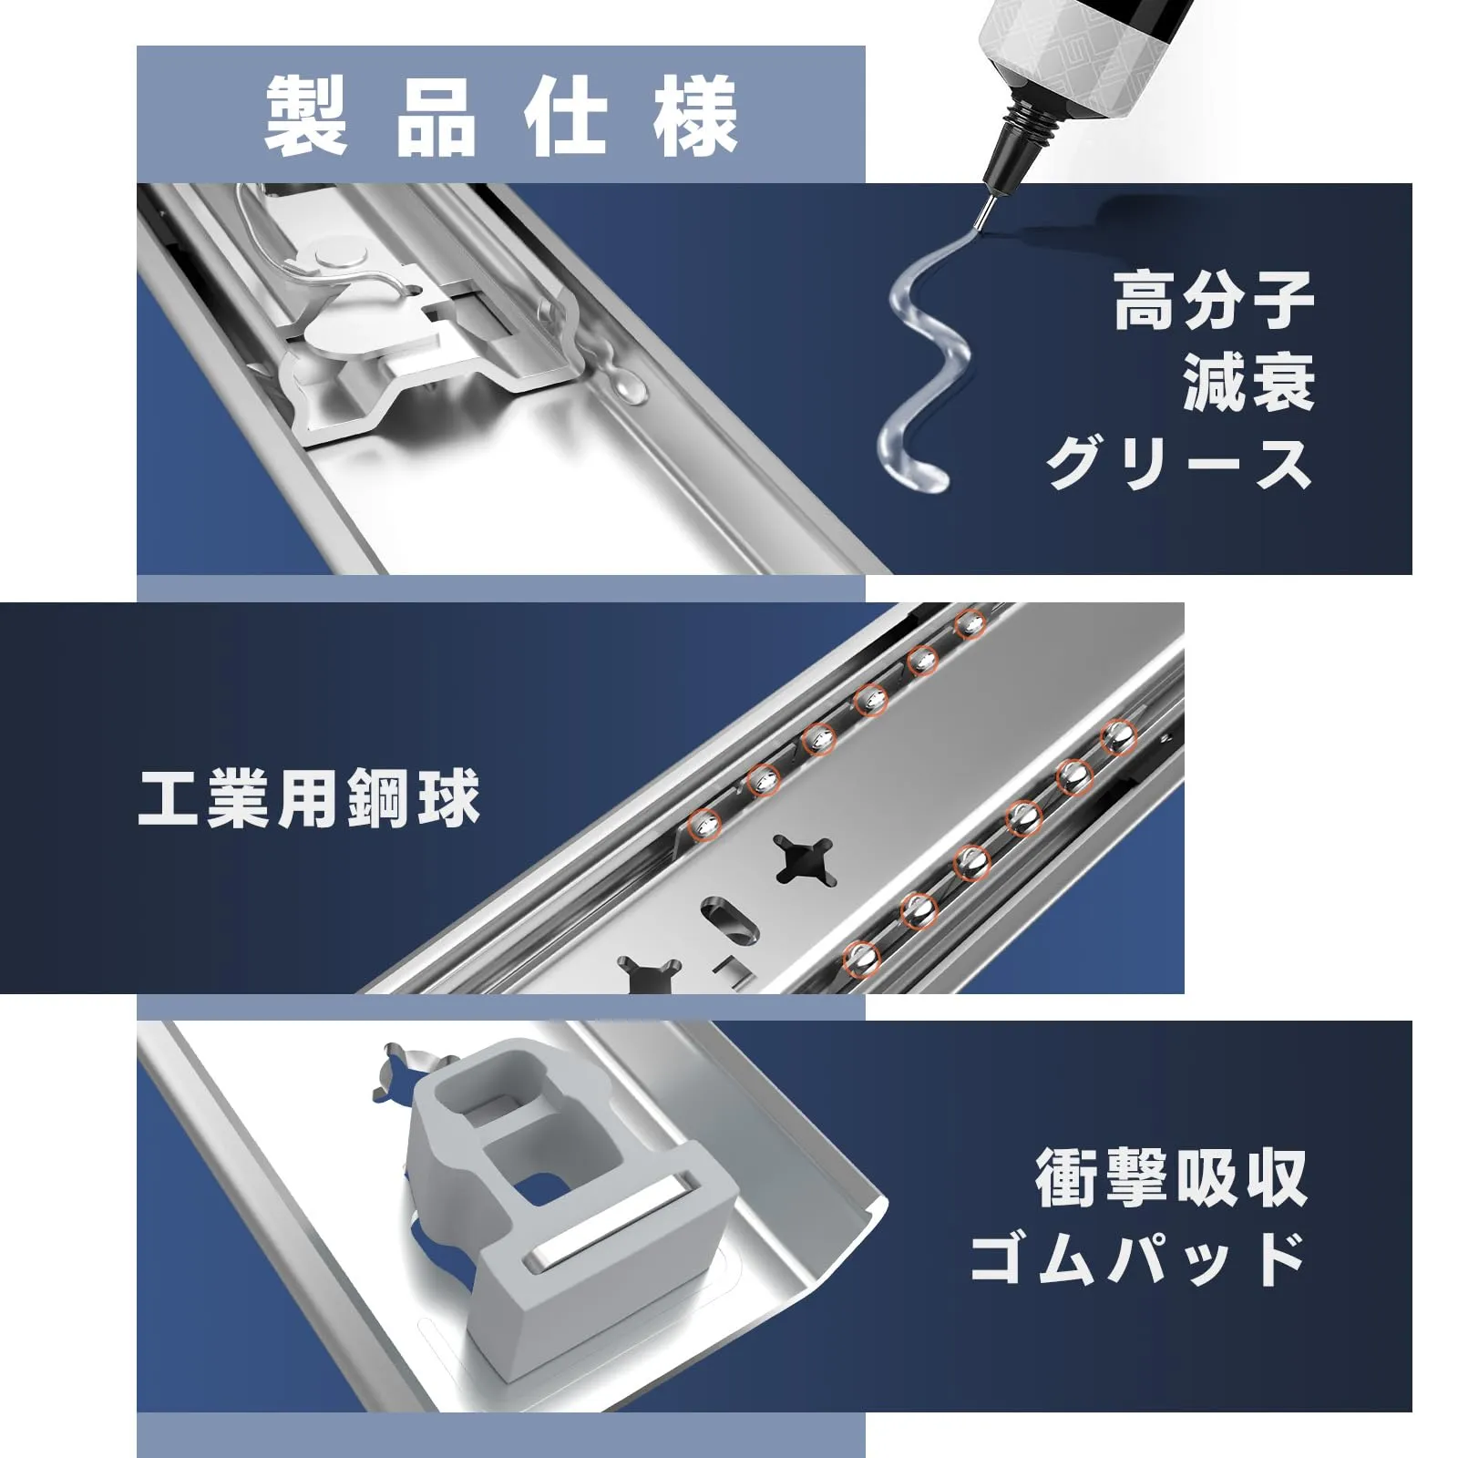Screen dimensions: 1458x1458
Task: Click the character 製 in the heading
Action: (x=306, y=118)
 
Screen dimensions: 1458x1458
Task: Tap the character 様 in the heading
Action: (x=696, y=118)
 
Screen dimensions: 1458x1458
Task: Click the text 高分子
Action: (x=1214, y=302)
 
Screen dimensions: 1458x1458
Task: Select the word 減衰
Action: (x=1248, y=383)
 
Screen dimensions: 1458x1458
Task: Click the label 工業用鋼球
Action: (x=309, y=799)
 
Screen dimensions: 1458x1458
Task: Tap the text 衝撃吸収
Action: (x=1172, y=1178)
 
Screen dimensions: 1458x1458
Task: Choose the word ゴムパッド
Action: (x=1139, y=1259)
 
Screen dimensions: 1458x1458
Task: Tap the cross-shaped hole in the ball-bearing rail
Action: (x=805, y=861)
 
